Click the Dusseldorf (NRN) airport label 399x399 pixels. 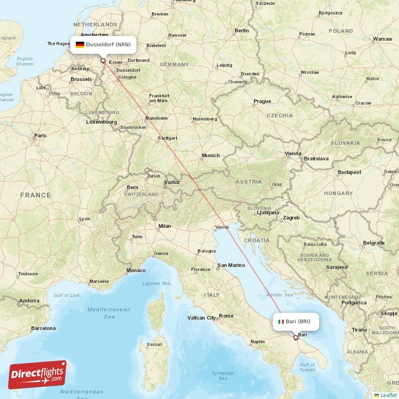coord(108,44)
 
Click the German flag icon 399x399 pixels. coord(80,44)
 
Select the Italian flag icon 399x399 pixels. coord(281,322)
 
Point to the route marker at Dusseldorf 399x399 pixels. coord(103,61)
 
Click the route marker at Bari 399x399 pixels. coord(295,338)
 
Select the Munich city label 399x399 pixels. coord(210,156)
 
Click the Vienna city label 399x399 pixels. coord(293,153)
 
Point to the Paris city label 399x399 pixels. coord(40,135)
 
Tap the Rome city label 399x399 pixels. coord(226,315)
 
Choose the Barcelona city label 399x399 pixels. coord(43,328)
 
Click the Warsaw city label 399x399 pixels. coord(383,38)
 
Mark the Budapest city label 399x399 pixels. coord(349,172)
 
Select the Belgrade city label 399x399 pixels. coord(374,242)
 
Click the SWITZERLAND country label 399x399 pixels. coord(141,194)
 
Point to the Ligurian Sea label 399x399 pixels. coord(157,283)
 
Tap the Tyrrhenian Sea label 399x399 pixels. coord(222,376)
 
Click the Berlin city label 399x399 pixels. coord(241,30)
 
